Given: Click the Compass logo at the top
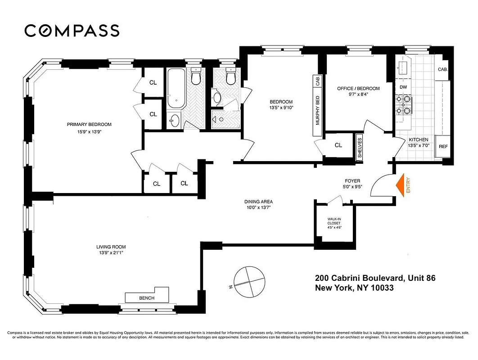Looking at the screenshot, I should pyautogui.click(x=72, y=31).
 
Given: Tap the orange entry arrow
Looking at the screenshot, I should pyautogui.click(x=400, y=184).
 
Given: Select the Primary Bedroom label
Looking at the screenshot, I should pyautogui.click(x=89, y=124).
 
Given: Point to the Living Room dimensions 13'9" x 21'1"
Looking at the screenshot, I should pyautogui.click(x=111, y=253).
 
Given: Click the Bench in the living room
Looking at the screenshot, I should pyautogui.click(x=147, y=297).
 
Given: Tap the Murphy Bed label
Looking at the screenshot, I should pyautogui.click(x=318, y=111).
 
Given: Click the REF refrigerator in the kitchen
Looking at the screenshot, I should pyautogui.click(x=443, y=147).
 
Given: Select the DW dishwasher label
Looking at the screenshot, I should pyautogui.click(x=403, y=87).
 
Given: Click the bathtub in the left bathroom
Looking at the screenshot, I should pyautogui.click(x=176, y=89).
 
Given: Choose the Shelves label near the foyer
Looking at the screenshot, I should pyautogui.click(x=360, y=147).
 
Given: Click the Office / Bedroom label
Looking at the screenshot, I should pyautogui.click(x=358, y=89).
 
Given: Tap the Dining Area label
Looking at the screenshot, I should pyautogui.click(x=258, y=202).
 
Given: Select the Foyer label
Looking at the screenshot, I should pyautogui.click(x=352, y=181).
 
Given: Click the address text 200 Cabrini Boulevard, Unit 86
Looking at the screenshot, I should pyautogui.click(x=375, y=279).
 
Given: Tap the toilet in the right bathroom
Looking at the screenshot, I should pyautogui.click(x=231, y=78).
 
